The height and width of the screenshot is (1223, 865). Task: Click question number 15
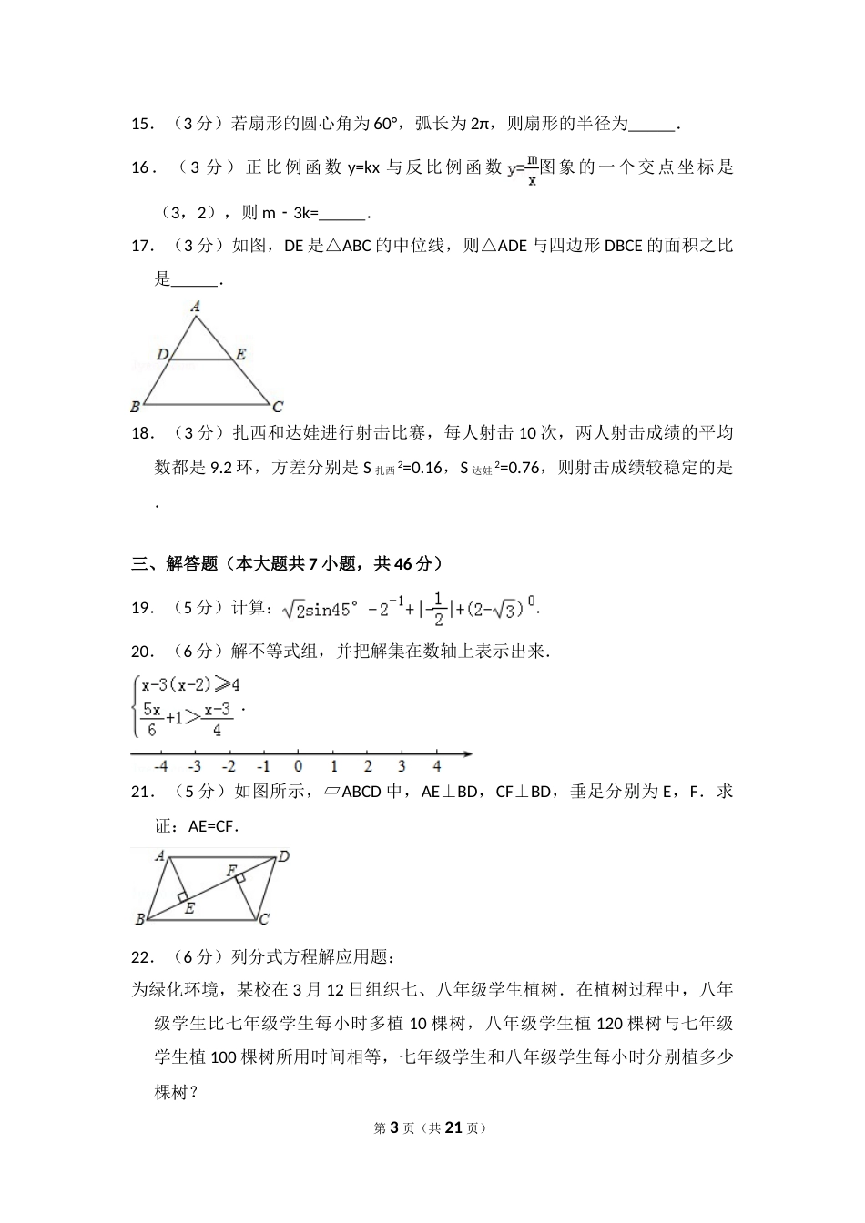141,124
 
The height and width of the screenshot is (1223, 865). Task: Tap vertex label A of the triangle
195,308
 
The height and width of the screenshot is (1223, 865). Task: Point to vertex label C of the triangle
277,407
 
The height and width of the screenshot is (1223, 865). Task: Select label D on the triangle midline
161,354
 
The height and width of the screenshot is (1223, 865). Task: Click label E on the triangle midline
240,354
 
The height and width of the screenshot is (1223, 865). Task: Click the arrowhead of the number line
467,753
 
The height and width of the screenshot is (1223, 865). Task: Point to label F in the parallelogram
231,871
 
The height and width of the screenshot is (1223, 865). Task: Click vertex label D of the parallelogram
284,855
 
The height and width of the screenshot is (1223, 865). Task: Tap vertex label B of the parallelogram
139,919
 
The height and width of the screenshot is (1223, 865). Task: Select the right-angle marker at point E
183,897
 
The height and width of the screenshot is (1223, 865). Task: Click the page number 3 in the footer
394,1127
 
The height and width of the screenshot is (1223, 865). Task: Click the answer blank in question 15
653,125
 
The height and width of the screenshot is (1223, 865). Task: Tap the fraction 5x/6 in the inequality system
152,719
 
